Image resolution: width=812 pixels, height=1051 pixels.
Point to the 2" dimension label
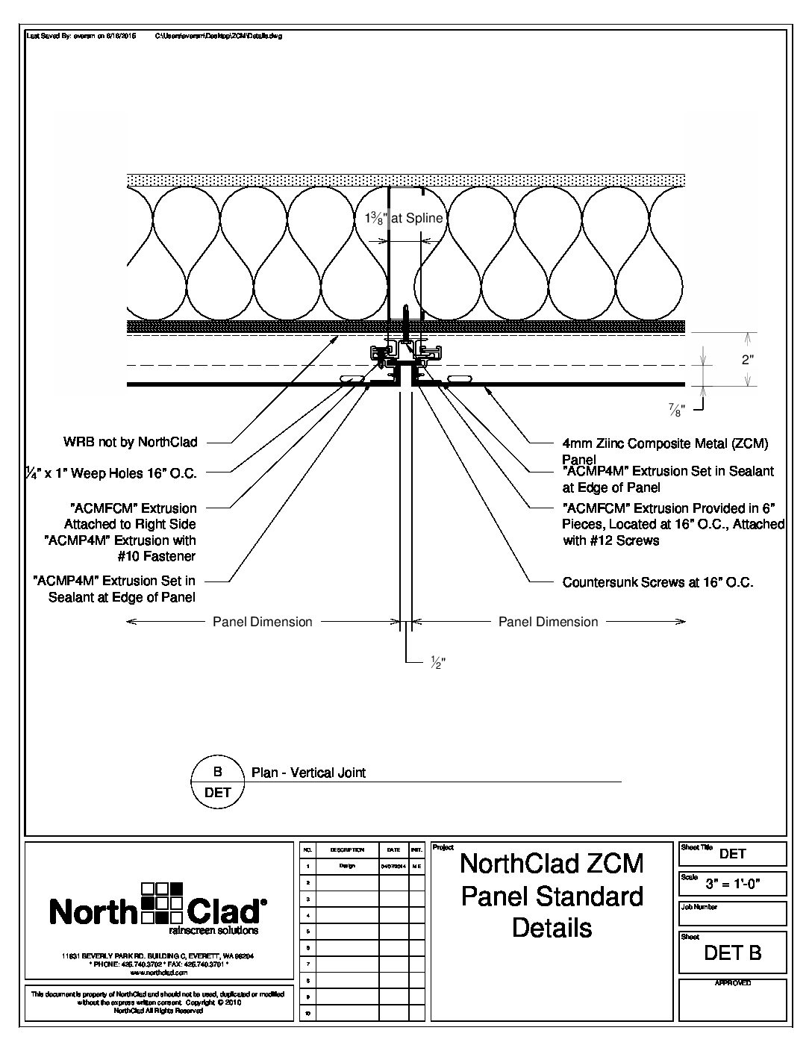point(747,359)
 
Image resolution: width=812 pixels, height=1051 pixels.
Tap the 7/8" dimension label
point(676,410)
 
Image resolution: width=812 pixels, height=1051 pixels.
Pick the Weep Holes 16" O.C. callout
point(104,472)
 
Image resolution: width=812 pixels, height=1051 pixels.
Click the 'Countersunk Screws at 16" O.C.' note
point(658,582)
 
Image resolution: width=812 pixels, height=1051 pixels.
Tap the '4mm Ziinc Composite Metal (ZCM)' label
point(664,443)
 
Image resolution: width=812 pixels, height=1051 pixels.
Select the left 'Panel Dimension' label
point(262,621)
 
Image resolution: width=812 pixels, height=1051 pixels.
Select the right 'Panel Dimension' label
point(548,621)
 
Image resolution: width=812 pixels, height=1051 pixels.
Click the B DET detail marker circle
point(218,782)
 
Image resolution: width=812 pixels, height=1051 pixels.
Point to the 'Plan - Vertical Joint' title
point(308,773)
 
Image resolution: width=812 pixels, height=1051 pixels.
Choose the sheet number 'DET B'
point(733,952)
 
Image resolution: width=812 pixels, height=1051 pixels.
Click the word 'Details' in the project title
point(552,928)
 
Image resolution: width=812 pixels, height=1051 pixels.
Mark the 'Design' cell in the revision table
point(347,867)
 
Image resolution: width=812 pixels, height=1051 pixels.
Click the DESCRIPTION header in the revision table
point(347,849)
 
